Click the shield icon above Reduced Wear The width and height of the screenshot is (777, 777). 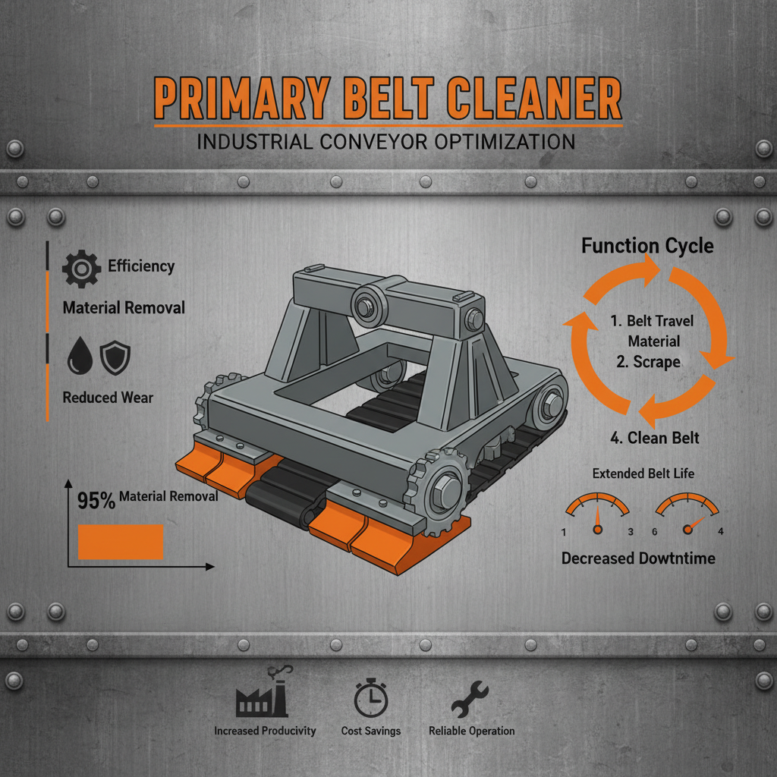116,357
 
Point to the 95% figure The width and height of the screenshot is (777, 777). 96,501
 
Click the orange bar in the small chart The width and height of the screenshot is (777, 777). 121,542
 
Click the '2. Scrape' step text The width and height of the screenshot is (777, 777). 648,362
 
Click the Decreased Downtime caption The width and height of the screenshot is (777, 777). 638,558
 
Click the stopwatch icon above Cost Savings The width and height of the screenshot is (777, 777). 371,698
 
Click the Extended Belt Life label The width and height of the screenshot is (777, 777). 643,474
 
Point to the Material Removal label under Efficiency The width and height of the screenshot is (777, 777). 123,308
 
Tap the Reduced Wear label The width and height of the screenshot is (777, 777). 108,398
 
